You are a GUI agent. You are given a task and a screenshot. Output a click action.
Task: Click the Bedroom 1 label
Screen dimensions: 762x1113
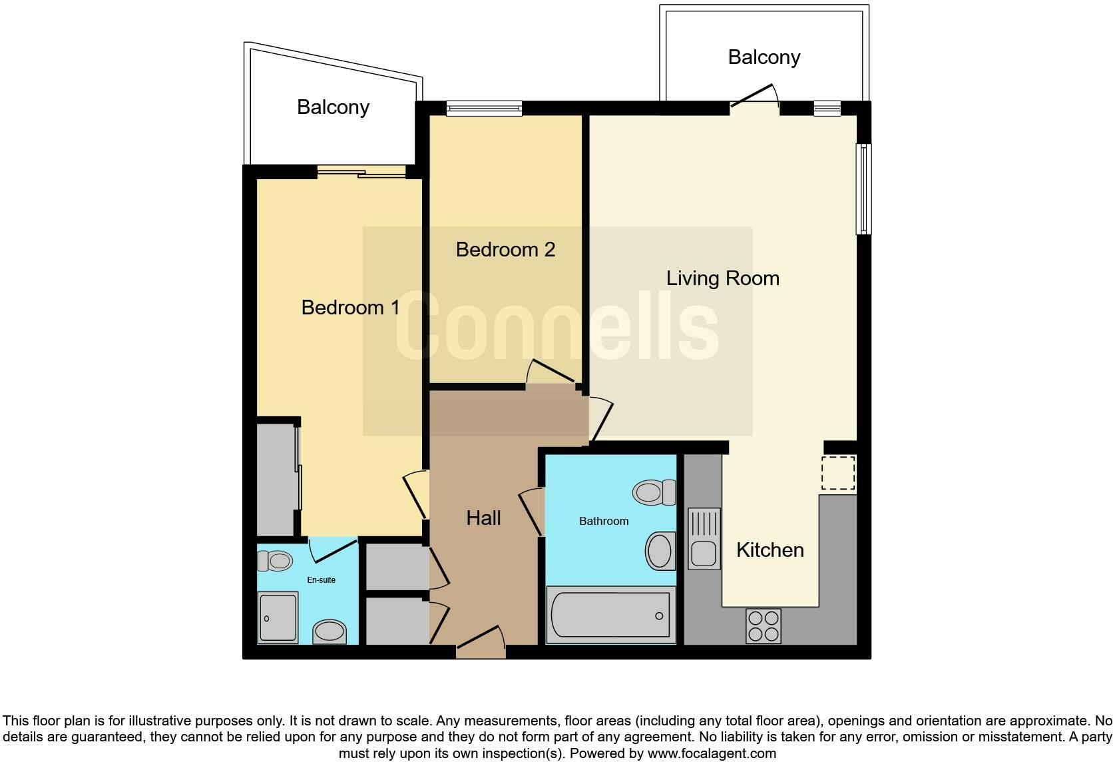(x=350, y=307)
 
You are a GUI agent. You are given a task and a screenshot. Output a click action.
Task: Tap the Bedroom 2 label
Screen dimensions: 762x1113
(x=505, y=250)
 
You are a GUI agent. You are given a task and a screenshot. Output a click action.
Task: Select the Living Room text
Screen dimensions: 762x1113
(x=722, y=278)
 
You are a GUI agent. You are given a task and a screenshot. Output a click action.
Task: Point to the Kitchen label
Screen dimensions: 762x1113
(x=770, y=550)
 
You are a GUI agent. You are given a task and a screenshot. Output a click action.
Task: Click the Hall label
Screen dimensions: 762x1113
(x=483, y=518)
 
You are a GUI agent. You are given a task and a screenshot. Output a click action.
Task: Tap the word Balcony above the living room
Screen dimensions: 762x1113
(x=764, y=57)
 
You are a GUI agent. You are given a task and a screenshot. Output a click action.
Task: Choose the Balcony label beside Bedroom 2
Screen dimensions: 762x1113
(x=333, y=107)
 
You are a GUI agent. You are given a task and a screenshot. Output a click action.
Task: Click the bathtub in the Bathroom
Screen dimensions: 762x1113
(x=610, y=615)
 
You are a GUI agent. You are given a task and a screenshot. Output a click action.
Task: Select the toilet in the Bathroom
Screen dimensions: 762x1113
(x=654, y=493)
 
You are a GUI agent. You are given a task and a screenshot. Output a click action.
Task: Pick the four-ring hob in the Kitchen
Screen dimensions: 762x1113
(x=764, y=626)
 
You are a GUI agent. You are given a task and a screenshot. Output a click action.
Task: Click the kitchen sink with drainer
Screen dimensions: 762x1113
(x=704, y=538)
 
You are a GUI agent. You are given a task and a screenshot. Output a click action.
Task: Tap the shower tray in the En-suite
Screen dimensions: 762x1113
(x=278, y=617)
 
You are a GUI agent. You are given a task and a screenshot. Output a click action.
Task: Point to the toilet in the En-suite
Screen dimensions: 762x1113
(x=275, y=562)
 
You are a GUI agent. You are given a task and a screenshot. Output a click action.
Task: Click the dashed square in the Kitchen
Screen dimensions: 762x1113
(x=837, y=474)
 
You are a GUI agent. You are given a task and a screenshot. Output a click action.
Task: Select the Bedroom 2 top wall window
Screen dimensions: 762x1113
(x=484, y=108)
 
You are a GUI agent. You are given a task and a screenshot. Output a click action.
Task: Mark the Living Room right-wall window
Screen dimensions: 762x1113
(x=863, y=189)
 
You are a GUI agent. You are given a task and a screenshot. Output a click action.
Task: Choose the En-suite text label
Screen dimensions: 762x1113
(x=321, y=580)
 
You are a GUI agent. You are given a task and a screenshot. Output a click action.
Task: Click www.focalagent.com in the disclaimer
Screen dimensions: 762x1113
(x=712, y=754)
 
